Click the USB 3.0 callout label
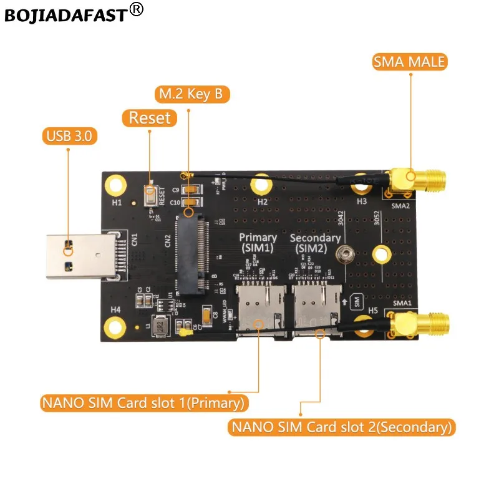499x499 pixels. click(69, 135)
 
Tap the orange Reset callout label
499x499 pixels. click(149, 117)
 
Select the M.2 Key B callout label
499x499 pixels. click(192, 95)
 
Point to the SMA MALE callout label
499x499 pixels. click(409, 62)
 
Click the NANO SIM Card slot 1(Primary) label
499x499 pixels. click(142, 402)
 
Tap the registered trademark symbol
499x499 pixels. click(137, 9)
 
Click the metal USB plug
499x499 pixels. click(77, 255)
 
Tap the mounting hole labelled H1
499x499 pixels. click(115, 184)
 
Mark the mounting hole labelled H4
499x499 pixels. click(115, 324)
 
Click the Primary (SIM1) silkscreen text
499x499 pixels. click(258, 243)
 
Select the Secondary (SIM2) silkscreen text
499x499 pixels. click(315, 243)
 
